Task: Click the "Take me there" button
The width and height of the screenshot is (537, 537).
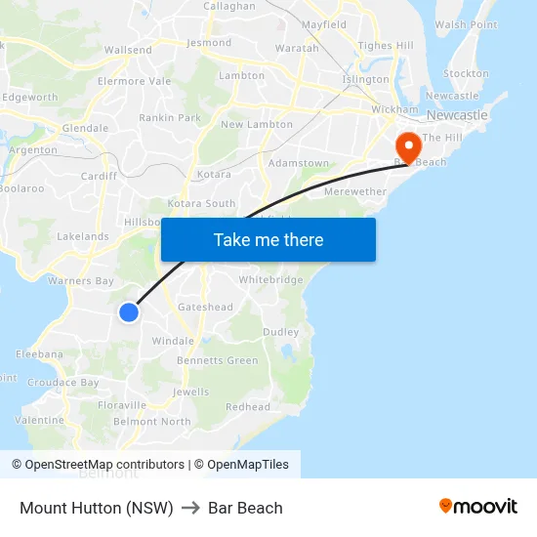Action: pyautogui.click(x=268, y=239)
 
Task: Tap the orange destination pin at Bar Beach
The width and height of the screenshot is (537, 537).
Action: pyautogui.click(x=406, y=147)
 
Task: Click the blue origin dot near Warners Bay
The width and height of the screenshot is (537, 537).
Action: pyautogui.click(x=129, y=311)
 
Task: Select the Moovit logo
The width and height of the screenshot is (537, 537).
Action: pyautogui.click(x=477, y=507)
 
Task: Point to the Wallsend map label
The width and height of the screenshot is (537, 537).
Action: pyautogui.click(x=127, y=50)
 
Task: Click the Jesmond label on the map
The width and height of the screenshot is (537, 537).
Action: pyautogui.click(x=209, y=43)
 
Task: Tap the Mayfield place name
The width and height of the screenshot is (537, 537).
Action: pyautogui.click(x=324, y=24)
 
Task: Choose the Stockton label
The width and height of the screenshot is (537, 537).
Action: pyautogui.click(x=466, y=73)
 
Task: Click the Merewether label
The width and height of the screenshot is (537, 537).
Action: pyautogui.click(x=354, y=191)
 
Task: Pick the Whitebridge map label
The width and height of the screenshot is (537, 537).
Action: pyautogui.click(x=270, y=279)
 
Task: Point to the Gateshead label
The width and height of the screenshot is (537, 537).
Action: pyautogui.click(x=205, y=307)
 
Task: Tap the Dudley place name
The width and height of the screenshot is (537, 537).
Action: pyautogui.click(x=280, y=332)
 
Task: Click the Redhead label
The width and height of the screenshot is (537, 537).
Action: pyautogui.click(x=248, y=406)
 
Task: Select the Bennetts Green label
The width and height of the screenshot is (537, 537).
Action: pyautogui.click(x=218, y=360)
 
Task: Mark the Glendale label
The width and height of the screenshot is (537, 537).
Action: pyautogui.click(x=85, y=128)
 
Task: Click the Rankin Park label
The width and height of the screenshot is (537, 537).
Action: pyautogui.click(x=169, y=118)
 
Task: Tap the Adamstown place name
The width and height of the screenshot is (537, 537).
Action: pyautogui.click(x=298, y=163)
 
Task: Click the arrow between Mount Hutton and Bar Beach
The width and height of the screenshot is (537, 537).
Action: pyautogui.click(x=190, y=508)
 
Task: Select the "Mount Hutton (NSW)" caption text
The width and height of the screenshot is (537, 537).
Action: pyautogui.click(x=97, y=508)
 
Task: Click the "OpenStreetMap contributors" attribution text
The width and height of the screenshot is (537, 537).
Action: pyautogui.click(x=103, y=465)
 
